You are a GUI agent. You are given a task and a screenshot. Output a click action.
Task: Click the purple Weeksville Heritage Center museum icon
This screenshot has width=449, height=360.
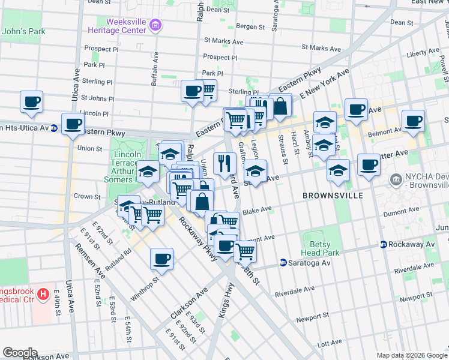pos(156,25)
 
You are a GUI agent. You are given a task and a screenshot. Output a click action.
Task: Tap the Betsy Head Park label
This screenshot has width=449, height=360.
pos(325,249)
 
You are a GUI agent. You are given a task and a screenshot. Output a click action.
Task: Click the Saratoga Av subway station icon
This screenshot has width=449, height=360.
pos(283,263)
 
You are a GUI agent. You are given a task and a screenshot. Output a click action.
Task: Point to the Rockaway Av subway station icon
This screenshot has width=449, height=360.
pos(383,244)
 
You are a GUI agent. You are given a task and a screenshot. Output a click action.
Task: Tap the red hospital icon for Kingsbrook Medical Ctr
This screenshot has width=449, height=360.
pos(43,295)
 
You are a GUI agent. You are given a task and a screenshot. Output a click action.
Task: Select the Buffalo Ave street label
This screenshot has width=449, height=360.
pos(155,65)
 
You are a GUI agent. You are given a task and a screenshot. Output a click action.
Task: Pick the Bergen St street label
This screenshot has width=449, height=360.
pos(251,26)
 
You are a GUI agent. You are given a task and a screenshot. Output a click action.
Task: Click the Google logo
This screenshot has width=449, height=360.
pos(20,353)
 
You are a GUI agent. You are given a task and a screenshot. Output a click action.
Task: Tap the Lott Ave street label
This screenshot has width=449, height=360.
pos(330,344)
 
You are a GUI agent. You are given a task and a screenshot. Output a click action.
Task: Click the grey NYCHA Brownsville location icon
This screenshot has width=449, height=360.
pos(396,179)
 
